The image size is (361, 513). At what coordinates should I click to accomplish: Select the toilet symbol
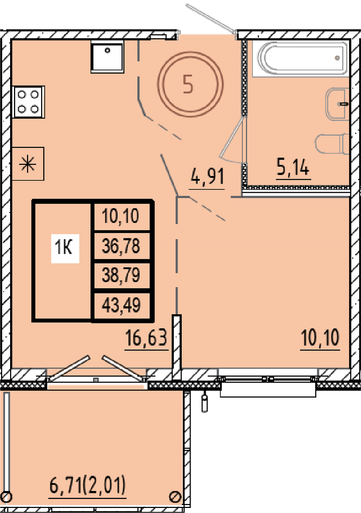[332, 144]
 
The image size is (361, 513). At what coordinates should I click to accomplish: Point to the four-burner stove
[29, 102]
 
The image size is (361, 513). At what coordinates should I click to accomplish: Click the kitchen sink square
[108, 57]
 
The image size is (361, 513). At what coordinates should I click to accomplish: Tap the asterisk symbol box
[28, 164]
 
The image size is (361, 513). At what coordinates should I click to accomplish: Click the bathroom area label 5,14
[293, 167]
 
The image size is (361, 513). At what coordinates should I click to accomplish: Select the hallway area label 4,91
[207, 176]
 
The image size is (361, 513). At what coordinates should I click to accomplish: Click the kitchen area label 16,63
[146, 338]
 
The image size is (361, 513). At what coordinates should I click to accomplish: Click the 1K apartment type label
[65, 248]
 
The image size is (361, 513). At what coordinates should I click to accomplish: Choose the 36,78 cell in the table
[121, 246]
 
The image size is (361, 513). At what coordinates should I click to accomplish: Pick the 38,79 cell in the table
[121, 275]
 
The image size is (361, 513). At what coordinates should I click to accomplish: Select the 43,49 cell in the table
[121, 305]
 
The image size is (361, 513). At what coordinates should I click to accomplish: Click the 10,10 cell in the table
[121, 216]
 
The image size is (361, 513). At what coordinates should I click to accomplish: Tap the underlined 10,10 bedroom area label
[320, 337]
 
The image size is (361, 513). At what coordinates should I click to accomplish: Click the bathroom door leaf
[231, 138]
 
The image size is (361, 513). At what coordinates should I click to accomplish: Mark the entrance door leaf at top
[211, 17]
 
